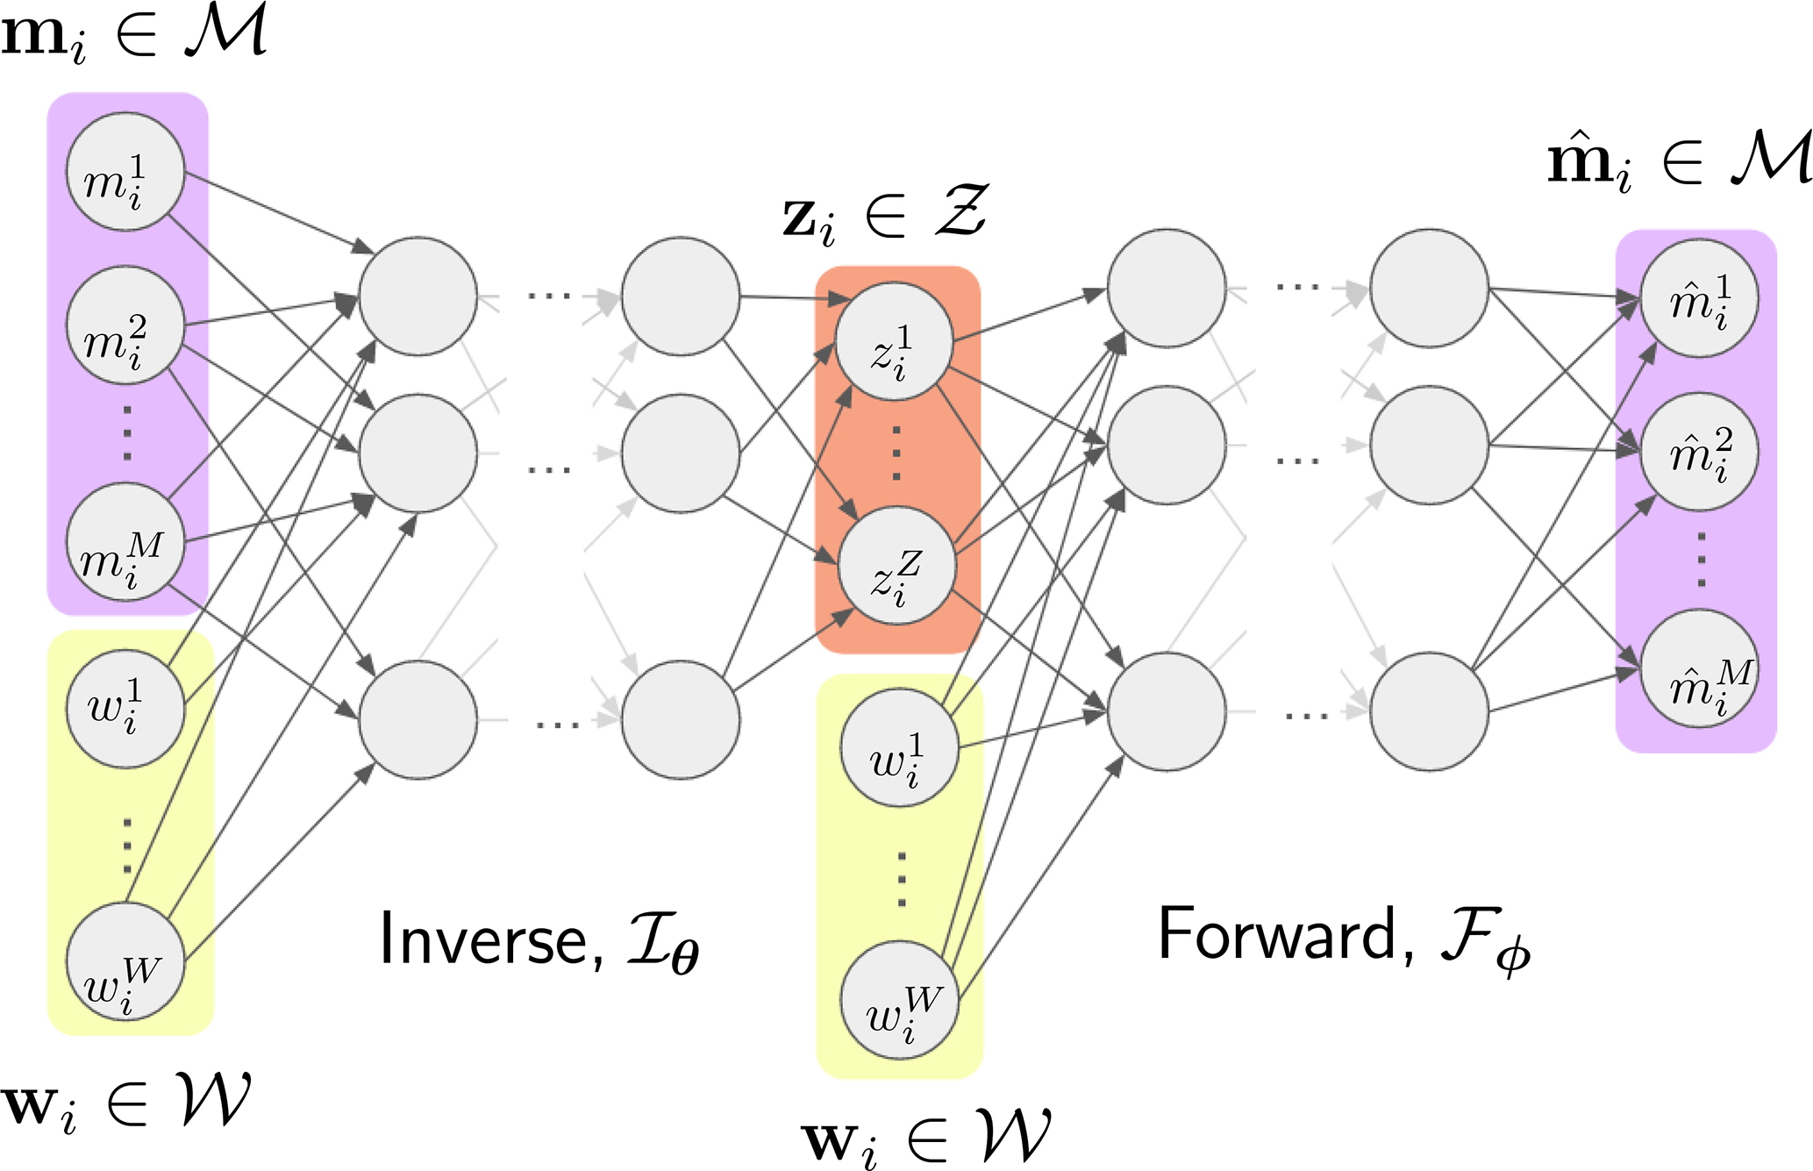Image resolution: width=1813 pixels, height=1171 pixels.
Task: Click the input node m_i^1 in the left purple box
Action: (x=125, y=172)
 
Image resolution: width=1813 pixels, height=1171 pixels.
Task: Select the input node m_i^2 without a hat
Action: (x=125, y=325)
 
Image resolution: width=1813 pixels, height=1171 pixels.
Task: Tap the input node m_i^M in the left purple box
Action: (x=125, y=542)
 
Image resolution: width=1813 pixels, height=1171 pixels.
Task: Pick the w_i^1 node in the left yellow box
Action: (x=125, y=709)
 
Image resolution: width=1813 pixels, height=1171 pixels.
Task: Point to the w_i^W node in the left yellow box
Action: (x=125, y=961)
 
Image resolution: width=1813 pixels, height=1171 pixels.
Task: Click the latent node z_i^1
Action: (x=894, y=341)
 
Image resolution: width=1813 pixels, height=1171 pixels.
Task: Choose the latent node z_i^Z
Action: (x=896, y=566)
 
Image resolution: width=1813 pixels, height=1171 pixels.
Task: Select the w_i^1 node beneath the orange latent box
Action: (x=899, y=748)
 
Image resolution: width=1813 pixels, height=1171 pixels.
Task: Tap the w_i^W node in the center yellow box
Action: (x=899, y=1000)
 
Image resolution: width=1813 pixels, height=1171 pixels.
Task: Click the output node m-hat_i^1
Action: (x=1699, y=298)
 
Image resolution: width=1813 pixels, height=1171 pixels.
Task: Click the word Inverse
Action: (x=482, y=940)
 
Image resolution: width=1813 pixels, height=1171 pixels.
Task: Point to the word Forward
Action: (x=1277, y=935)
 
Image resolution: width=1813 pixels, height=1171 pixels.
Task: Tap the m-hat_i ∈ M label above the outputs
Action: (x=1677, y=161)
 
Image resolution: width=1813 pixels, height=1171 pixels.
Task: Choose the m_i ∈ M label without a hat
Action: (x=133, y=33)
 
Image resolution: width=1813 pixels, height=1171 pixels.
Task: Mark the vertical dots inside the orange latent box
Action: (x=896, y=453)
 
